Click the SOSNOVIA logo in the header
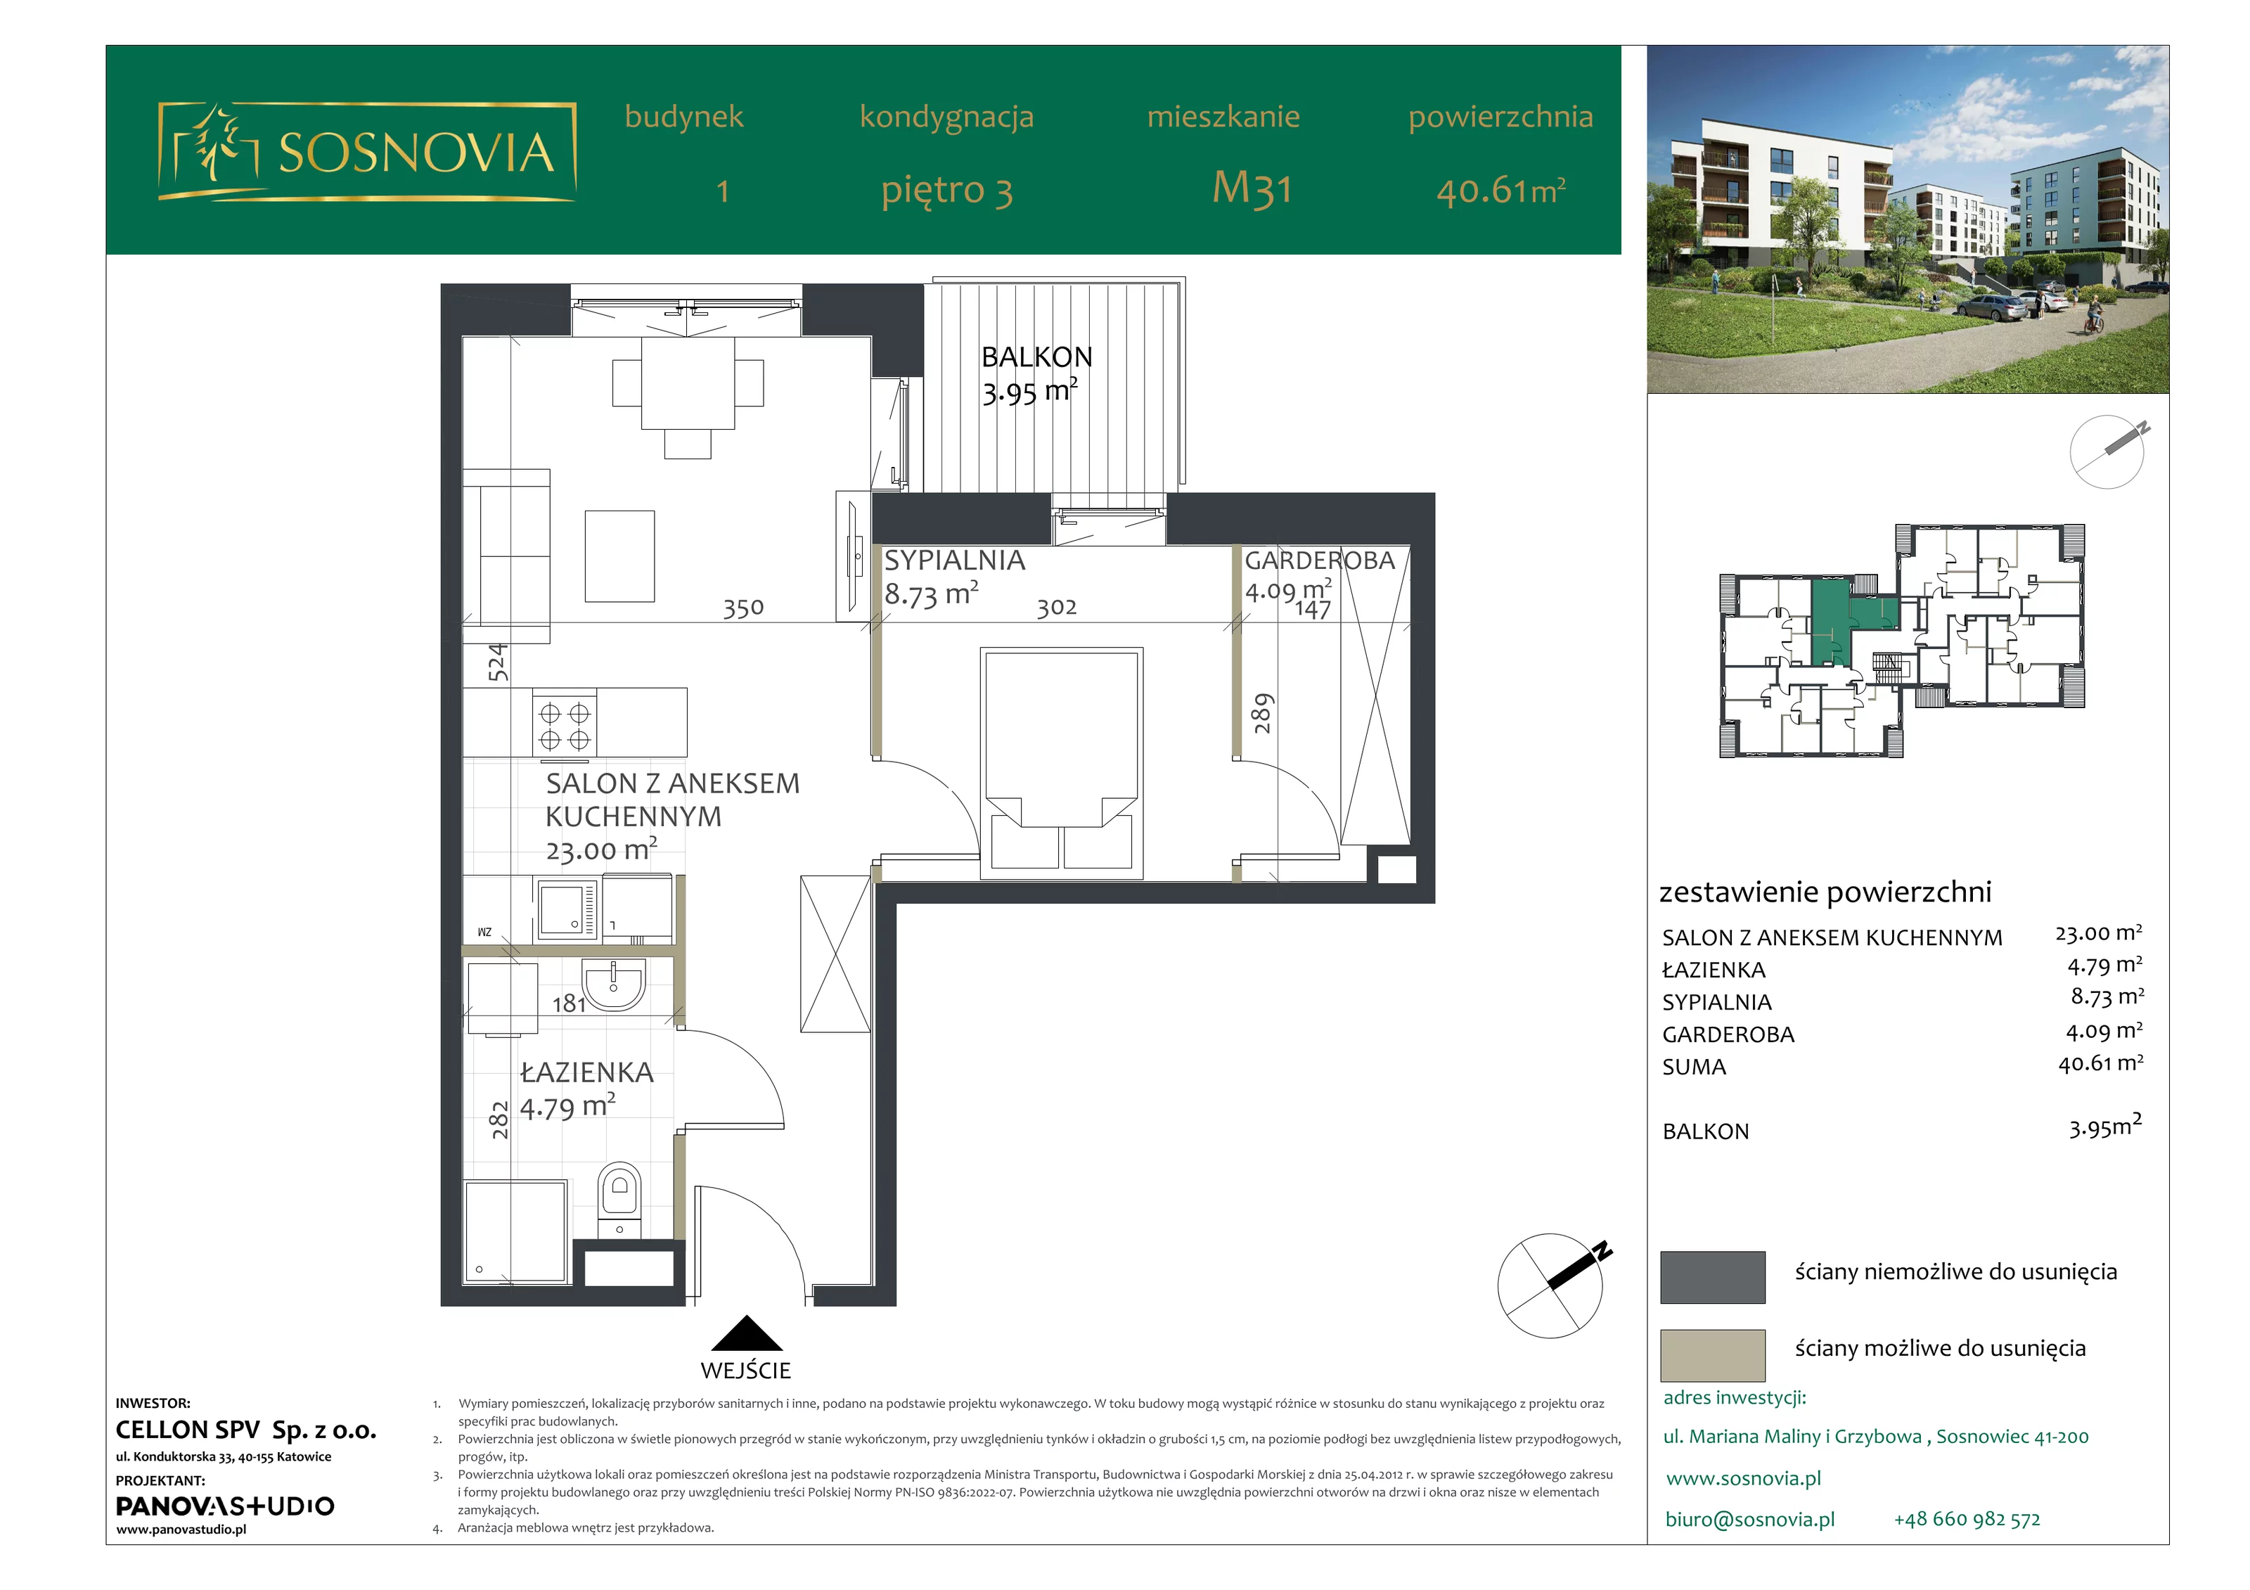366,151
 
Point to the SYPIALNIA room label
954,560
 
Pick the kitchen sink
567,908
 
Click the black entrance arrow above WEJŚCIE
747,1333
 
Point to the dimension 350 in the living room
742,609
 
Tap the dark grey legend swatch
1712,1276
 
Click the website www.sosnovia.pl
1743,1478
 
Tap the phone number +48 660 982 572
1967,1520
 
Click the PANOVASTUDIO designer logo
224,1506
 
